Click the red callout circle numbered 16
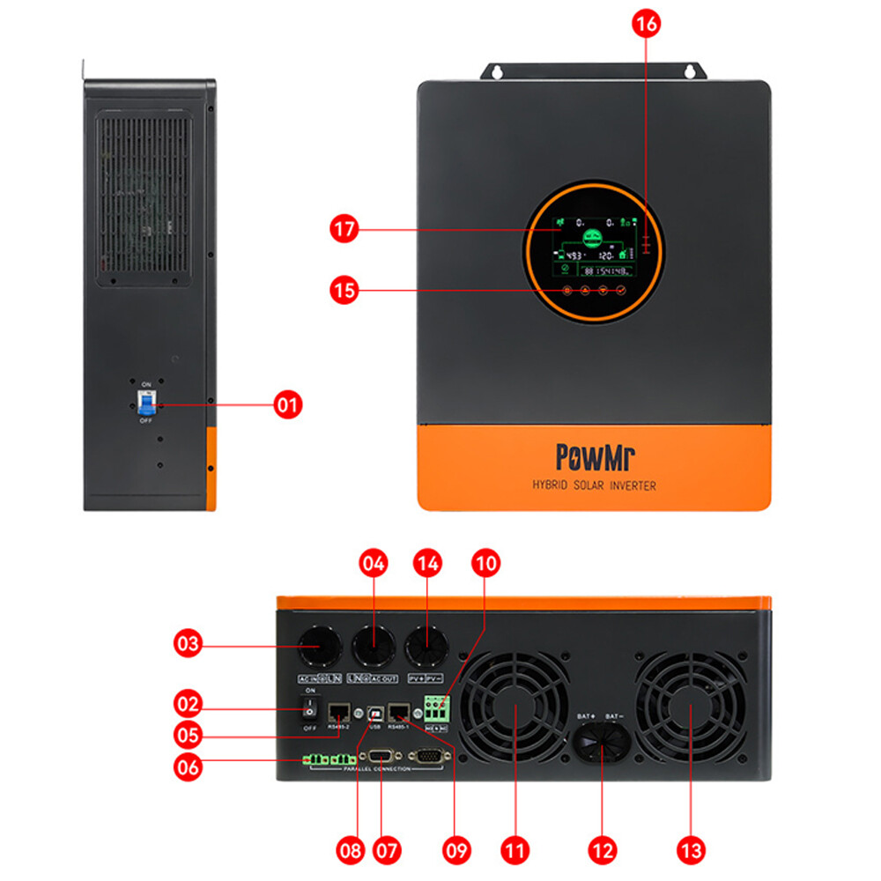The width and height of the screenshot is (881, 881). click(646, 24)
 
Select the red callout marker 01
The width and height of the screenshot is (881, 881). click(287, 405)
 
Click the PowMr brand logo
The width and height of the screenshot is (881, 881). click(596, 456)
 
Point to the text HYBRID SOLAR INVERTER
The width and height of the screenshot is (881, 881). click(594, 485)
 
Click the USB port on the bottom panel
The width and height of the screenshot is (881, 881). click(374, 711)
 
